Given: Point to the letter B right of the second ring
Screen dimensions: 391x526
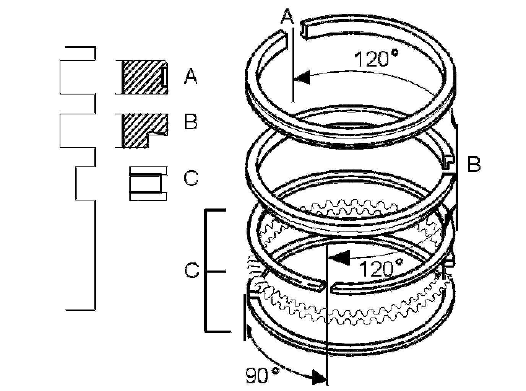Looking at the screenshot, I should coord(473,165).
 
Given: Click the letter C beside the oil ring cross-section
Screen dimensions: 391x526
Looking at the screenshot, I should coord(190,178).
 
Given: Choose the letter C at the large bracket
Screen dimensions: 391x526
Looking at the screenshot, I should coord(192,271).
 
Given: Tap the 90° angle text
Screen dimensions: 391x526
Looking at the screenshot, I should coord(262,375).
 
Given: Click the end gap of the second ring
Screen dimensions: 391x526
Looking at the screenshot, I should coord(450,171).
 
